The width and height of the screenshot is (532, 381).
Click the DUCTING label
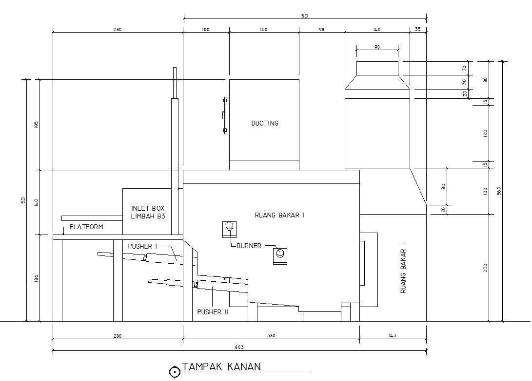click(265, 123)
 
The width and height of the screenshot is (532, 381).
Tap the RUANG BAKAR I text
click(279, 215)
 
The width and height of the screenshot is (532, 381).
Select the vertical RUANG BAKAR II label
click(403, 268)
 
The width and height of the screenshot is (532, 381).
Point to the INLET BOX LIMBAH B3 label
click(148, 212)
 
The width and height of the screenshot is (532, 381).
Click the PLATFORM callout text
click(86, 227)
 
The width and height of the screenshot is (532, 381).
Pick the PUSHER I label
click(142, 246)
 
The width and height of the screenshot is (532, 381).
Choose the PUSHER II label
click(213, 312)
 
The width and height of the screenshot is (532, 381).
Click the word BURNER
click(249, 246)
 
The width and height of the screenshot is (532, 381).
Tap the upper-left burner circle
click(230, 226)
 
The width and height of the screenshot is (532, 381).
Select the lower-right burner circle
click(280, 253)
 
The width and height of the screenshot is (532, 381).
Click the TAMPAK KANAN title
click(221, 367)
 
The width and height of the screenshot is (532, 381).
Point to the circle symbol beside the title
click(175, 372)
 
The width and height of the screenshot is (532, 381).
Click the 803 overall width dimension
click(239, 347)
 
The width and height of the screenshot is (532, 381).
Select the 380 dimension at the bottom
click(271, 336)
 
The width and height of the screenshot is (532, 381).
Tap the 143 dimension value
click(392, 336)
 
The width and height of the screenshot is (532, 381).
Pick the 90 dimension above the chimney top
click(377, 47)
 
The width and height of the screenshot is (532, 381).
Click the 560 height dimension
click(499, 191)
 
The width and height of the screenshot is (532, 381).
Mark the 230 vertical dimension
click(486, 268)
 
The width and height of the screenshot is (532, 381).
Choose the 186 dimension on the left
click(36, 278)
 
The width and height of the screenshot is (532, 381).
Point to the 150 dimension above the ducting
click(264, 30)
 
